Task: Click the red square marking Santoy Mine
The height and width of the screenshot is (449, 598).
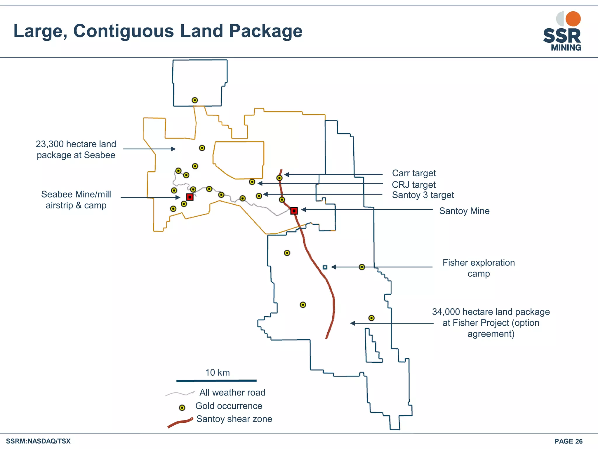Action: click(294, 211)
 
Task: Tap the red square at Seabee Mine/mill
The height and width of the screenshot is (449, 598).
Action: click(190, 197)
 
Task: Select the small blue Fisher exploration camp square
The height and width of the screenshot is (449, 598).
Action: click(325, 267)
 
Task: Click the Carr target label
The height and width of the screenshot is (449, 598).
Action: click(414, 173)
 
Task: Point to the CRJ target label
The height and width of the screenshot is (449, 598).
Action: click(413, 184)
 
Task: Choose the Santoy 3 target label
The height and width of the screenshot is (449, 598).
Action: click(423, 195)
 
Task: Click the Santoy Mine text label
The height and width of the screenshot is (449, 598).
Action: click(464, 211)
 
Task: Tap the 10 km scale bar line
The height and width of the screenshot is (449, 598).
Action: click(216, 381)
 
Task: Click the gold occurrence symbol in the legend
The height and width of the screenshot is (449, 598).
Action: click(182, 407)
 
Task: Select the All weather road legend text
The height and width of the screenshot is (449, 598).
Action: click(232, 392)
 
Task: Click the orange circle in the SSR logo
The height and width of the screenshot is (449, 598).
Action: click(573, 19)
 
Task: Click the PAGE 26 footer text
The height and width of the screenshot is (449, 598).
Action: click(568, 441)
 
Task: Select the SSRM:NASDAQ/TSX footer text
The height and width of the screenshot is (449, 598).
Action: click(38, 441)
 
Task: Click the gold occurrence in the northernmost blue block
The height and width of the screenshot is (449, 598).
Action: click(195, 100)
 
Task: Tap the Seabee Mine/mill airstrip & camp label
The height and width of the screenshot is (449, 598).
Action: click(76, 200)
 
